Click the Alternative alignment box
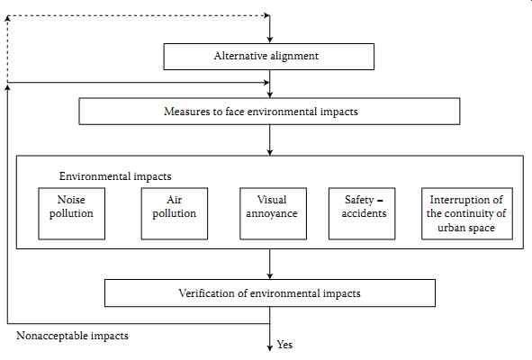269,57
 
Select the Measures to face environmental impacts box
269,112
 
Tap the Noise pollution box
72,214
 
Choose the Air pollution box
175,214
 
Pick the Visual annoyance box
273,214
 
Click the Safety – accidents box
362,214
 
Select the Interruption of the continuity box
467,214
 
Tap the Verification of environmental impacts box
270,293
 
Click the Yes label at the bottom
284,345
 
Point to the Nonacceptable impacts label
72,336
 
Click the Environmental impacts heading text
115,176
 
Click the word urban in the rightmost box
451,228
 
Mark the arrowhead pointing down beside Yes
270,348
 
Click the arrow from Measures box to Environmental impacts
270,140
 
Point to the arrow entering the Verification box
270,264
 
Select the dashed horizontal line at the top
139,15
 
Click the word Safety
359,200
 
